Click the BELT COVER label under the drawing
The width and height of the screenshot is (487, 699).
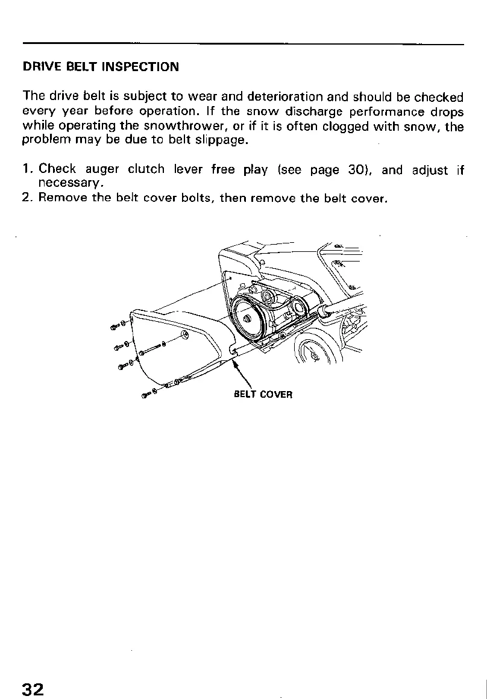tap(263, 395)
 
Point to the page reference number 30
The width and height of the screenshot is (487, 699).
tap(354, 170)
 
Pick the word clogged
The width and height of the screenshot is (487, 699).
tap(345, 126)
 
